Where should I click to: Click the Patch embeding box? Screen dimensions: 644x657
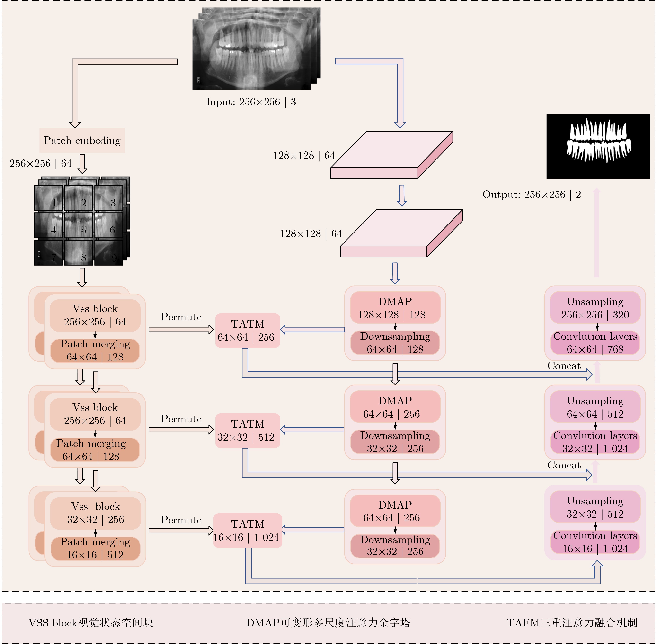(x=82, y=140)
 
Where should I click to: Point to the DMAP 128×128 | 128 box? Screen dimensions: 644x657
(x=395, y=308)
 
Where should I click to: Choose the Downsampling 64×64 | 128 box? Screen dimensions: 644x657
(x=395, y=343)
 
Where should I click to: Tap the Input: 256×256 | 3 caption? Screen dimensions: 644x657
(x=251, y=102)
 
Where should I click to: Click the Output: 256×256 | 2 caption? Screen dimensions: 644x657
(x=531, y=195)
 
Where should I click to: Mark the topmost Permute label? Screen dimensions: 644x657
(x=181, y=317)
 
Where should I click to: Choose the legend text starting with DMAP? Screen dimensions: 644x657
(x=328, y=623)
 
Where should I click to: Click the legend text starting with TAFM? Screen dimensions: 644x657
(x=572, y=623)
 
